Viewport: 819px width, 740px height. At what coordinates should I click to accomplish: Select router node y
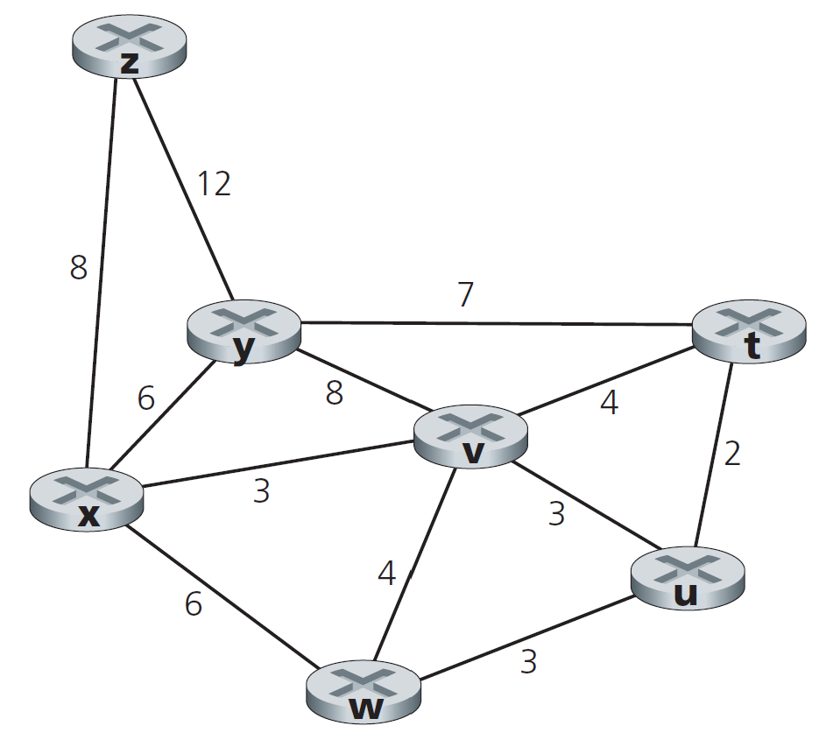[x=244, y=330]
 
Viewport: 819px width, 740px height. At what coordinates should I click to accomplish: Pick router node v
[x=470, y=436]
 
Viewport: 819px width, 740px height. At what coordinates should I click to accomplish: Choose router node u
[x=688, y=578]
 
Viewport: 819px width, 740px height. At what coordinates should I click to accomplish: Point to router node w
[x=364, y=693]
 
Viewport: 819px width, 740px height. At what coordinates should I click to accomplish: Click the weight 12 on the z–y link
[x=213, y=184]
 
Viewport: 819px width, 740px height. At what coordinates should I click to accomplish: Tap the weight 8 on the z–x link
[x=79, y=268]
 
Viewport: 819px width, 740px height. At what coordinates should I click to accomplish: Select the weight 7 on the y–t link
[x=465, y=295]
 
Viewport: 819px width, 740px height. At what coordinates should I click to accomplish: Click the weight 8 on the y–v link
[x=334, y=394]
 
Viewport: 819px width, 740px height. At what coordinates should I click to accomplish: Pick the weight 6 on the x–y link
[x=145, y=399]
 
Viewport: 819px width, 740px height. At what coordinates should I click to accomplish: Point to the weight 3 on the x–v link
[x=261, y=492]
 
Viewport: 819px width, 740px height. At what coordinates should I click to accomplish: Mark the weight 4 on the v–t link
[x=609, y=404]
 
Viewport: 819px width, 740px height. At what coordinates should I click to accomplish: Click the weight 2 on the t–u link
[x=732, y=454]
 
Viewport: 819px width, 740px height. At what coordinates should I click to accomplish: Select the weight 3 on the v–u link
[x=556, y=514]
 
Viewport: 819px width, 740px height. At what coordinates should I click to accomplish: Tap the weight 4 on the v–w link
[x=386, y=574]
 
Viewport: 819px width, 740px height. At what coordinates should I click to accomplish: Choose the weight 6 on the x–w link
[x=193, y=604]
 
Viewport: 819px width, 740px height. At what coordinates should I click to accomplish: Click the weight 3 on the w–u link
[x=527, y=663]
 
